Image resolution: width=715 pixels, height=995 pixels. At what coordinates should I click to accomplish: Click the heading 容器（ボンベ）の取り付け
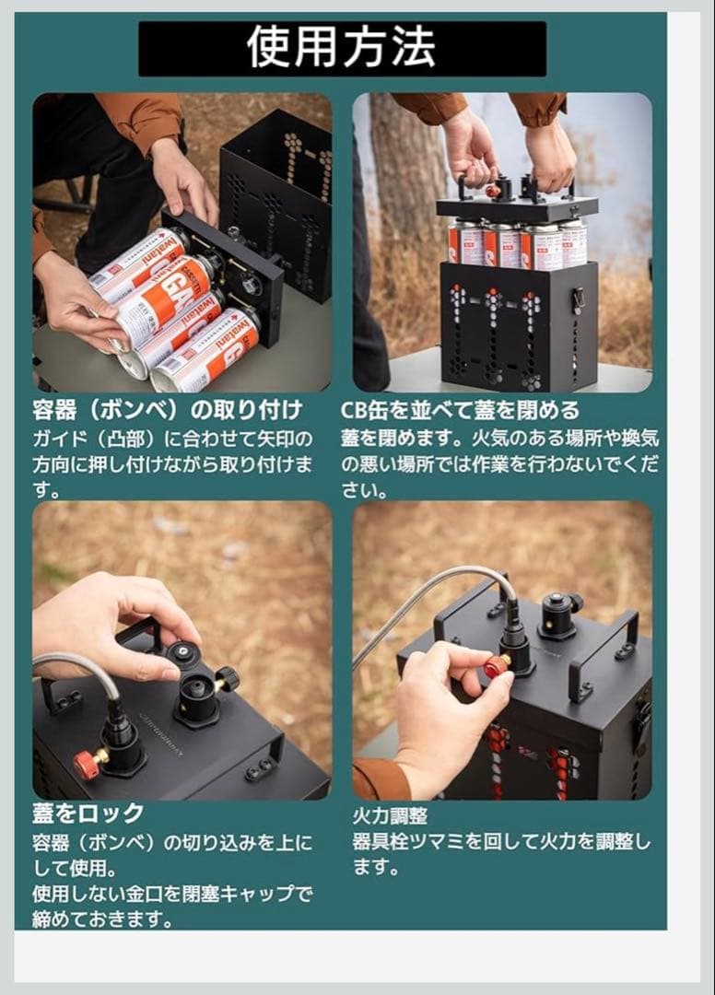click(x=167, y=409)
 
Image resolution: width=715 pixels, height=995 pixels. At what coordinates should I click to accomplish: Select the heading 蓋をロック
click(x=88, y=813)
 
